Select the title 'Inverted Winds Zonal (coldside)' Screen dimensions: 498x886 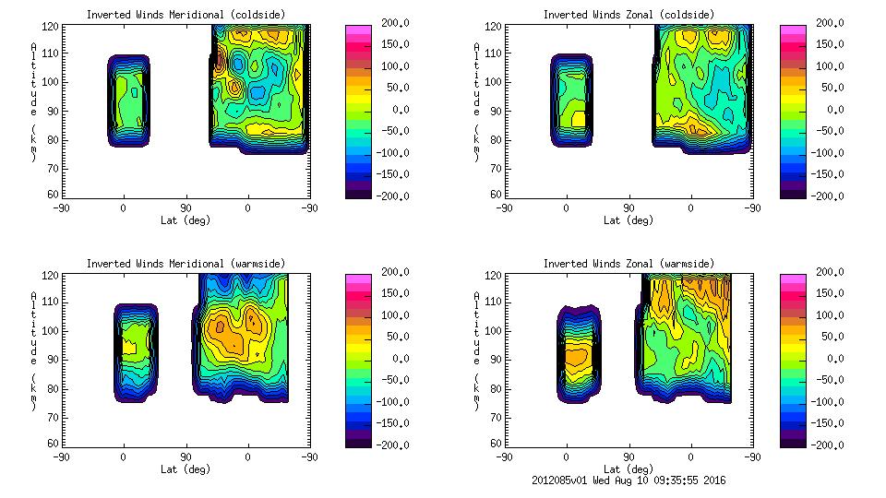pyautogui.click(x=629, y=15)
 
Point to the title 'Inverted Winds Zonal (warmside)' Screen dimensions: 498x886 pyautogui.click(x=629, y=264)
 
